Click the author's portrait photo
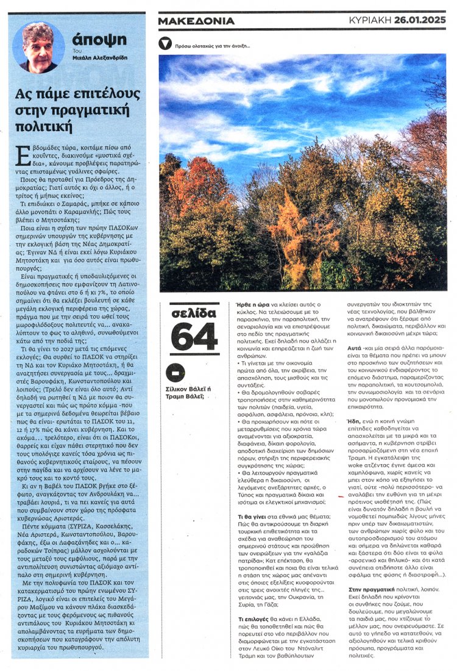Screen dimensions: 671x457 38,48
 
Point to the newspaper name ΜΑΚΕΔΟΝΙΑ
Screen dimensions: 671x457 196,21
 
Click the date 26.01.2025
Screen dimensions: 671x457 420,20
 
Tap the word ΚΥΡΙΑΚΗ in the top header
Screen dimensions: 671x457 370,20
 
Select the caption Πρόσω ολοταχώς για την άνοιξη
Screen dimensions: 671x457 212,46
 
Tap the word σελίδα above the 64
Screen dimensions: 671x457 194,313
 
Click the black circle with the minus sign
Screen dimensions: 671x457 175,372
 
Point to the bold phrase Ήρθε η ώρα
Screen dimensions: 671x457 250,303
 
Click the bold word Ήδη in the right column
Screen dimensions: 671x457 355,420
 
